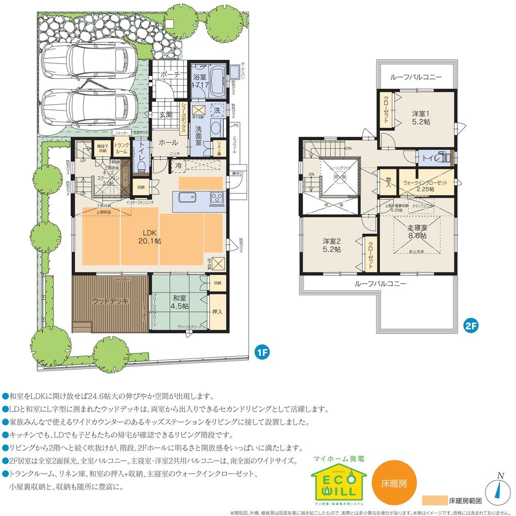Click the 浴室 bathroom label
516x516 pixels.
[199, 80]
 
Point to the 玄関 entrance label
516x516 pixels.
[165, 115]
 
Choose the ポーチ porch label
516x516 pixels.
[170, 75]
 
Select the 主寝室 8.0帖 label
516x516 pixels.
[416, 231]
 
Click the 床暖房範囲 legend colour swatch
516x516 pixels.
[433, 500]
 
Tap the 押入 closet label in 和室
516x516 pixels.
[217, 312]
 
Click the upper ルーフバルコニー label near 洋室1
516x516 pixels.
[416, 76]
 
